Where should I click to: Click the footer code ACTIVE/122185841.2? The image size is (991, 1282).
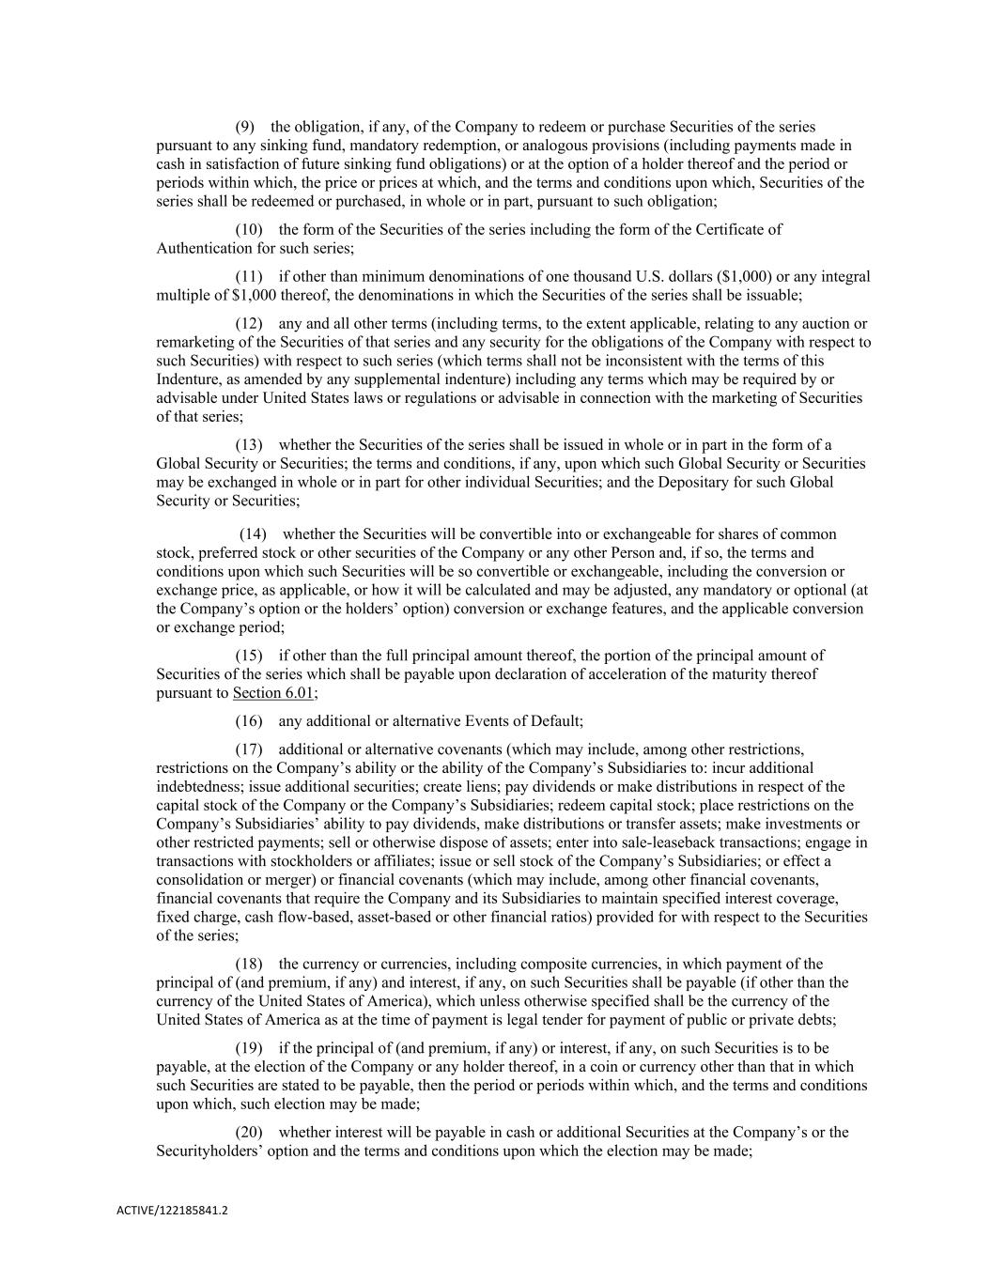pos(172,1212)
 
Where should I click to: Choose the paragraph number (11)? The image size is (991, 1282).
pos(248,277)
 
